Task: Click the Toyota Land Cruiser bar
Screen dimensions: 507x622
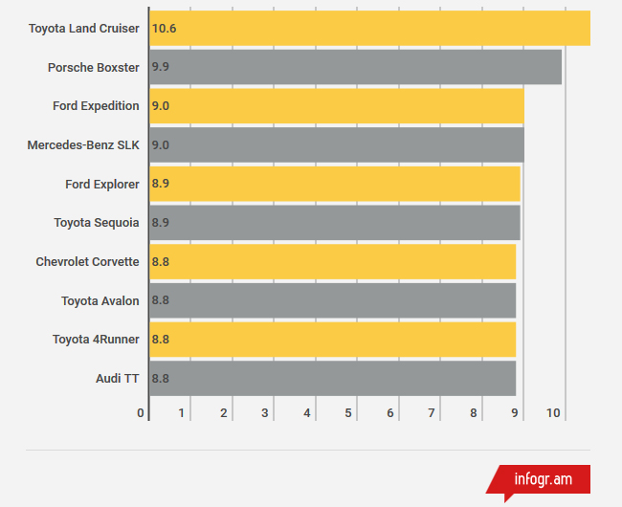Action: (x=369, y=29)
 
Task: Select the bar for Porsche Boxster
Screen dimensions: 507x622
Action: (x=355, y=67)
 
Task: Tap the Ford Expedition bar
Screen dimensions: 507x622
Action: (x=336, y=106)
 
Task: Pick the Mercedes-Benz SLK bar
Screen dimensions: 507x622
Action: (x=336, y=144)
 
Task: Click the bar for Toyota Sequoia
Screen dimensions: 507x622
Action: (x=334, y=223)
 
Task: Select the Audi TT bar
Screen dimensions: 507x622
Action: (x=332, y=378)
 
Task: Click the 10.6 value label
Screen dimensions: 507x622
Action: (x=165, y=29)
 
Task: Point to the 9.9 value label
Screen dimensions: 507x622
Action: (x=161, y=67)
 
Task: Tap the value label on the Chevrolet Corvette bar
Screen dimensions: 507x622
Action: (x=161, y=262)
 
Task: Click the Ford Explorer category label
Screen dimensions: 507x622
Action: (x=102, y=184)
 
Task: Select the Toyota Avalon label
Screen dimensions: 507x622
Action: (x=100, y=300)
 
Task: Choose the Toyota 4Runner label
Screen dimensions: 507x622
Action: (x=96, y=340)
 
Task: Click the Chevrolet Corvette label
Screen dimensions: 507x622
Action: (x=88, y=262)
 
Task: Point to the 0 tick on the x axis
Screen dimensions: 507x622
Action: (x=141, y=413)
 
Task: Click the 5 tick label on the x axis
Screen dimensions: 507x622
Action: (x=348, y=413)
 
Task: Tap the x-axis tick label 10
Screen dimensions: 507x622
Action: (x=553, y=413)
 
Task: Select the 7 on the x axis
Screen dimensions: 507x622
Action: (x=432, y=413)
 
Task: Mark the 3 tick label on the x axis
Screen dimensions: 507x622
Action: (x=265, y=413)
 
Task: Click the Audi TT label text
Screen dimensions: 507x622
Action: (x=118, y=378)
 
